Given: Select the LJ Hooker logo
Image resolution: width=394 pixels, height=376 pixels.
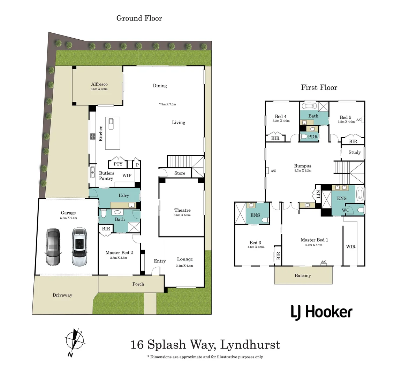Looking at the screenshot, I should click(x=321, y=312).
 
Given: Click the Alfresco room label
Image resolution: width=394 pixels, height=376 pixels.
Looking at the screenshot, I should click(x=99, y=84).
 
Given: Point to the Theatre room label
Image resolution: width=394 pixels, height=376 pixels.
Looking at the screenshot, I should click(x=182, y=210).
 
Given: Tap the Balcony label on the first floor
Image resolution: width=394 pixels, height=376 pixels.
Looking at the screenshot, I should click(x=302, y=275).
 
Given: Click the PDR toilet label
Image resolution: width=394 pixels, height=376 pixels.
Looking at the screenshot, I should click(x=313, y=137).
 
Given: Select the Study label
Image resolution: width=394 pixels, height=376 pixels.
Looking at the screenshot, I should click(x=355, y=152).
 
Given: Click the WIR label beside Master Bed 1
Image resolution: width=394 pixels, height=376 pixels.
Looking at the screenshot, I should click(x=351, y=246).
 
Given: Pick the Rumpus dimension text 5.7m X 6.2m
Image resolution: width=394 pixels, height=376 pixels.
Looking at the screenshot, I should click(x=302, y=171).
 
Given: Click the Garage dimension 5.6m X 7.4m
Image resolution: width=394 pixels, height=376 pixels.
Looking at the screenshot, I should click(x=68, y=218).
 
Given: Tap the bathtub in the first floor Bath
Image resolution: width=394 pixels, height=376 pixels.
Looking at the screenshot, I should click(x=309, y=106).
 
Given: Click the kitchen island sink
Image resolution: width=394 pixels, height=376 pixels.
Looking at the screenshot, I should click(x=111, y=122).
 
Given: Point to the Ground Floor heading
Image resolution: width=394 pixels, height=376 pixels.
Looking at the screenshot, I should click(x=139, y=18).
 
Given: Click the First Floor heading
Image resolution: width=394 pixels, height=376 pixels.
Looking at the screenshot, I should click(x=319, y=87).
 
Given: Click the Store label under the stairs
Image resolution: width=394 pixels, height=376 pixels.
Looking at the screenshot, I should click(x=180, y=173).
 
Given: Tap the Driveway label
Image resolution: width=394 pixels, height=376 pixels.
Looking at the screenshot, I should click(x=62, y=295).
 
